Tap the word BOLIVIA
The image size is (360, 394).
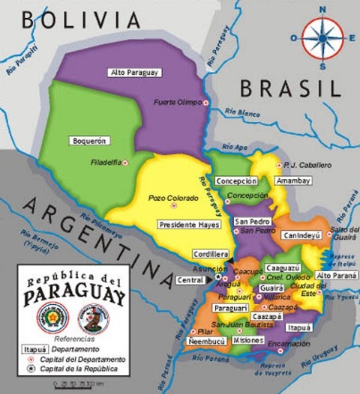point(82,20)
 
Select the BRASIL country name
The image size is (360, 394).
point(289,88)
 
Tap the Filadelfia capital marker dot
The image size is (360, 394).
point(125,163)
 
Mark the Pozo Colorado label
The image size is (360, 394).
point(173,198)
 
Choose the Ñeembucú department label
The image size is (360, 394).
point(208,342)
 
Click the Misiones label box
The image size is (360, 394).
point(248,340)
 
